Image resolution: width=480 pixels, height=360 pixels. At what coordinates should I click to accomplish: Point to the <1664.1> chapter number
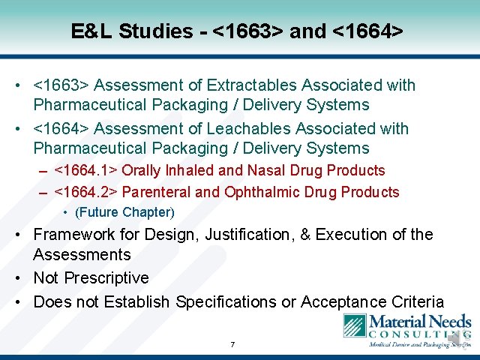tap(86, 171)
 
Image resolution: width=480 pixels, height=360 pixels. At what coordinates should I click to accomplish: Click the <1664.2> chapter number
tap(86, 193)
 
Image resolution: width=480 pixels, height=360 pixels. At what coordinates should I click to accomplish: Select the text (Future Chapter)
tap(124, 212)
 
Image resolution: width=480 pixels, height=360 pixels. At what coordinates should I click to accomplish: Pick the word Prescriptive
tap(106, 278)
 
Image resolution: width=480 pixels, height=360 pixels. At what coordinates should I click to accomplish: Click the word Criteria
tap(415, 302)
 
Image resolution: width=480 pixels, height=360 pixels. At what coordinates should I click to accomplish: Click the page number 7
tap(232, 345)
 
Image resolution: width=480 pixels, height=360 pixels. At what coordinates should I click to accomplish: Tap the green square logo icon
tap(354, 328)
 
